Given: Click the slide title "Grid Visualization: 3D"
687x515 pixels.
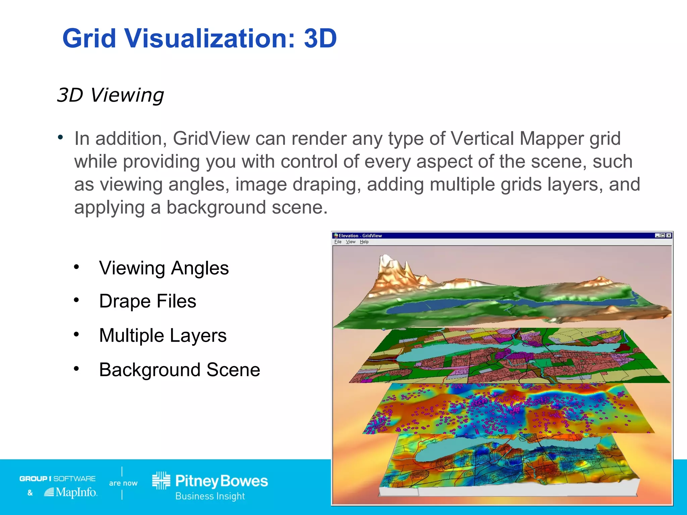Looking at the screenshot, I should click(200, 39).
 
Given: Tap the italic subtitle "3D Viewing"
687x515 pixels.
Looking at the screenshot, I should click(110, 95).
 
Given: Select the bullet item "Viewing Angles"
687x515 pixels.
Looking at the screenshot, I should click(164, 268).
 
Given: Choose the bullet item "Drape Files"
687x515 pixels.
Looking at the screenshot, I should click(148, 301).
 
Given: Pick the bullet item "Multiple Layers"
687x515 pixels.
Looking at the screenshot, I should click(163, 335).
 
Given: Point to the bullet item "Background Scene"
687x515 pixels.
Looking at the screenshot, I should click(179, 370).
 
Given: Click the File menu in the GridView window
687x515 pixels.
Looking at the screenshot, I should click(338, 242).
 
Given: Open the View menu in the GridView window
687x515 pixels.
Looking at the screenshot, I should click(351, 242).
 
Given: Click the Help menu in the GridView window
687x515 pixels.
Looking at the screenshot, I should click(364, 242).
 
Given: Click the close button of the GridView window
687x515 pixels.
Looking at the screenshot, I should click(669, 235).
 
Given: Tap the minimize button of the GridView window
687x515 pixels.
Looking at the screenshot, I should click(657, 235).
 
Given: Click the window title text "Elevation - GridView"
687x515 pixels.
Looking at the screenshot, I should click(360, 236).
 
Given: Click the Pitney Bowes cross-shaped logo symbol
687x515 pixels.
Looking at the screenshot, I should click(161, 480).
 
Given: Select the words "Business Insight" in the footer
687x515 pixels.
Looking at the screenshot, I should click(210, 496).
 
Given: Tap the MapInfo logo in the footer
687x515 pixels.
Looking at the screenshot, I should click(71, 492).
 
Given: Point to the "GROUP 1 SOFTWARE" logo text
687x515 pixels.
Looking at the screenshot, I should click(57, 478).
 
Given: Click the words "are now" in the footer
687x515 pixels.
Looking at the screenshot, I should click(123, 483).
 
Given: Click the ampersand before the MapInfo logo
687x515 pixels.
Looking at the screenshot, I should click(30, 493).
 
